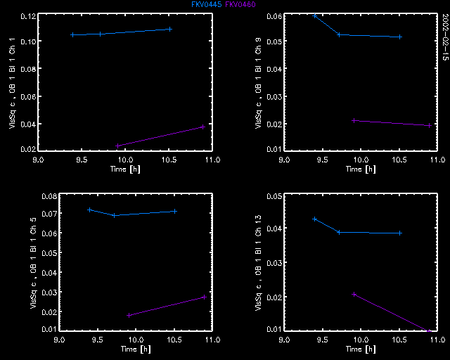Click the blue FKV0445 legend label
click(x=206, y=4)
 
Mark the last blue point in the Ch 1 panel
click(x=170, y=29)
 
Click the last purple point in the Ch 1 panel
click(x=202, y=127)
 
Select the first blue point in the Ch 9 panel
click(x=314, y=15)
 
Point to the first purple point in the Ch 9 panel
click(x=354, y=120)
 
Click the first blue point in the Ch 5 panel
click(x=89, y=210)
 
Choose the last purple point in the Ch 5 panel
click(x=204, y=297)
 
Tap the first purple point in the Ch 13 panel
click(x=354, y=294)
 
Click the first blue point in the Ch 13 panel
click(x=314, y=219)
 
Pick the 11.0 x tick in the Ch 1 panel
click(x=211, y=160)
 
